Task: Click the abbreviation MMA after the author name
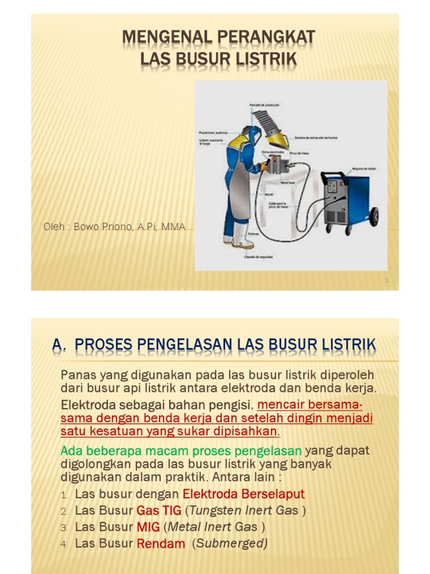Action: pyautogui.click(x=174, y=227)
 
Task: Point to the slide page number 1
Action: pyautogui.click(x=387, y=280)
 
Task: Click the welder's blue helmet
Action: pyautogui.click(x=253, y=135)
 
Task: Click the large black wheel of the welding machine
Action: pyautogui.click(x=373, y=216)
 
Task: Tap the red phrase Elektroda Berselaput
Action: pyautogui.click(x=244, y=494)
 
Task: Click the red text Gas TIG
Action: pyautogui.click(x=159, y=511)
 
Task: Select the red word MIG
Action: pyautogui.click(x=148, y=527)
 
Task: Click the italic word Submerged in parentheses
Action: pyautogui.click(x=231, y=543)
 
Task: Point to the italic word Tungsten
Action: pyautogui.click(x=212, y=511)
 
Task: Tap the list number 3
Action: pyautogui.click(x=64, y=528)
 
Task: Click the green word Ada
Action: pyautogui.click(x=71, y=451)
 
